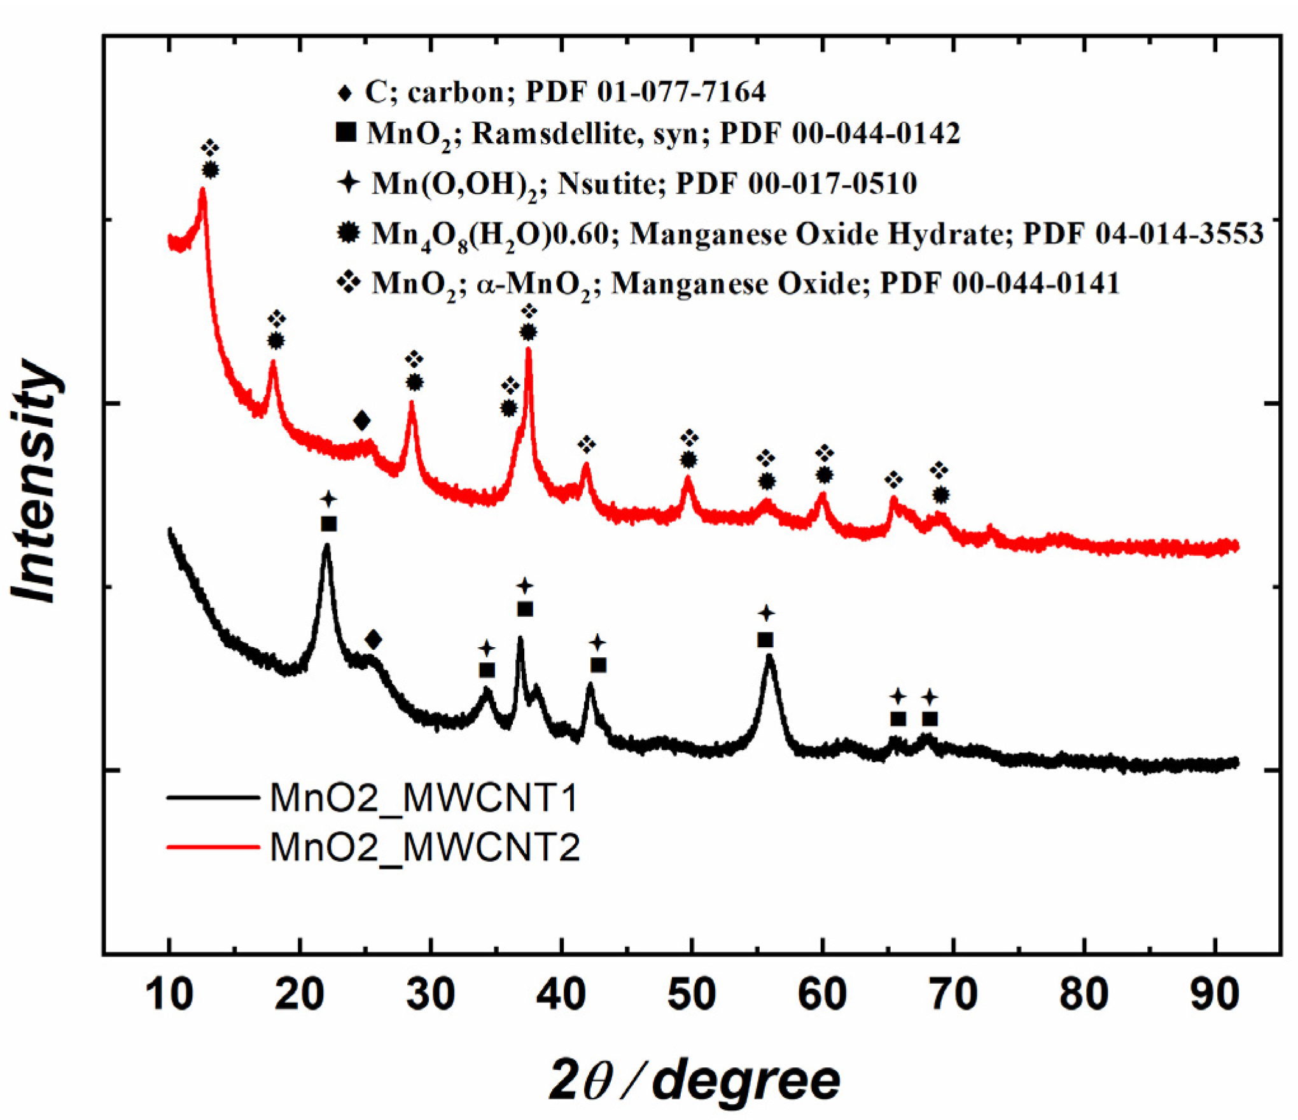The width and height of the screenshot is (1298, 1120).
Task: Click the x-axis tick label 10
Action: pos(169,995)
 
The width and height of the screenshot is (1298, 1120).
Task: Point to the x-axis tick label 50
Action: pos(691,995)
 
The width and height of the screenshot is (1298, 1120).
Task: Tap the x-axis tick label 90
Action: pos(1214,995)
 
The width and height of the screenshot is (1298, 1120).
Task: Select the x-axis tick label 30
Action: pos(431,995)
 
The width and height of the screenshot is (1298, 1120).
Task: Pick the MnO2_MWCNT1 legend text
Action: pos(424,797)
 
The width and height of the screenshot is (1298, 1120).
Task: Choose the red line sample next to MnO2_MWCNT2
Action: pos(213,847)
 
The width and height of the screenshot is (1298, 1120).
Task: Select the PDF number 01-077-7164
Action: pos(681,92)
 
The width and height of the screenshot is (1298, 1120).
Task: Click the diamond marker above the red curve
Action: pos(362,421)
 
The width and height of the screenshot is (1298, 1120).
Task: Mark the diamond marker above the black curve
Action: pos(373,640)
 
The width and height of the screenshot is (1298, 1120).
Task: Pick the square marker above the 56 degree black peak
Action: pos(765,640)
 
